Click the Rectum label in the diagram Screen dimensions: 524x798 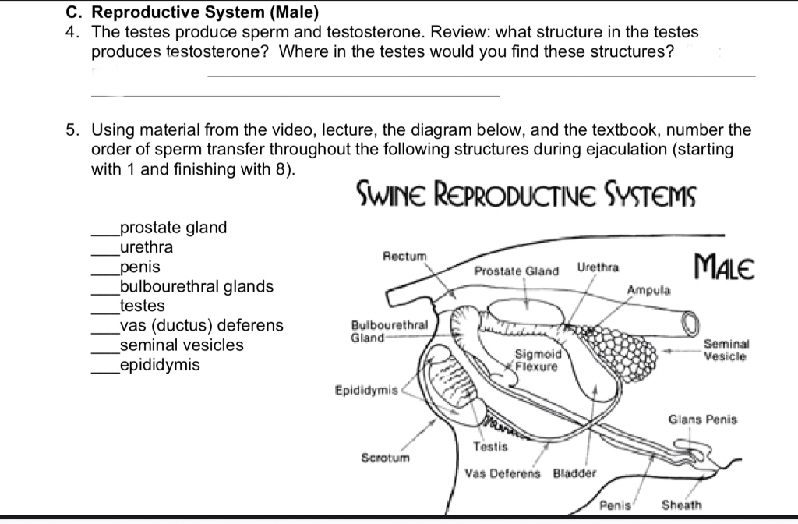click(x=405, y=255)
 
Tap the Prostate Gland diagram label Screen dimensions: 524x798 click(x=517, y=271)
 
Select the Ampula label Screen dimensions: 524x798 click(x=648, y=289)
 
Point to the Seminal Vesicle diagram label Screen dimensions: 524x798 click(x=726, y=349)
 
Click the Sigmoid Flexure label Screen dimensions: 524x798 click(x=536, y=360)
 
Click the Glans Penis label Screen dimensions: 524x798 click(x=702, y=420)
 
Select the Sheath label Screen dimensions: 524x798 click(x=681, y=505)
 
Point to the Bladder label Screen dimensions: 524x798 click(x=574, y=473)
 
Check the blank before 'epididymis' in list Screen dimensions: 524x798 click(x=104, y=366)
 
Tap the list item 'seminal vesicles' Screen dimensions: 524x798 click(x=181, y=345)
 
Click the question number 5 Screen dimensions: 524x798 click(x=70, y=129)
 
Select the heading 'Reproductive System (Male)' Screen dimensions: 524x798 click(x=206, y=13)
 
